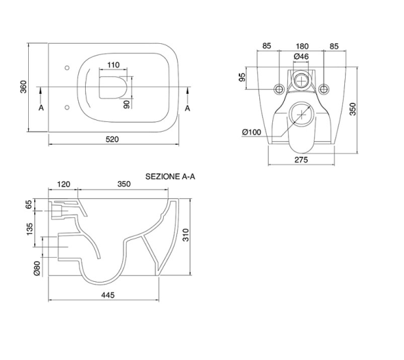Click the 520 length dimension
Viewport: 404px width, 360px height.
tap(112, 139)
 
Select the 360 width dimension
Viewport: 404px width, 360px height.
tap(23, 87)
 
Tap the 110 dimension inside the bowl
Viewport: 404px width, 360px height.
tap(113, 64)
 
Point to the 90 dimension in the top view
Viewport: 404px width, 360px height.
tap(126, 104)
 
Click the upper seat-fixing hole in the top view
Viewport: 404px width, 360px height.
tap(67, 68)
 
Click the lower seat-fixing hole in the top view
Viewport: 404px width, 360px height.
tap(67, 108)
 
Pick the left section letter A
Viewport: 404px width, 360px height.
tap(41, 108)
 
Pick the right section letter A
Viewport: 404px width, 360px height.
tap(187, 108)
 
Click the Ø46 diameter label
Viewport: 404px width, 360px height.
tap(301, 56)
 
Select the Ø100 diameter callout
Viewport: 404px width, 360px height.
tap(252, 132)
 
